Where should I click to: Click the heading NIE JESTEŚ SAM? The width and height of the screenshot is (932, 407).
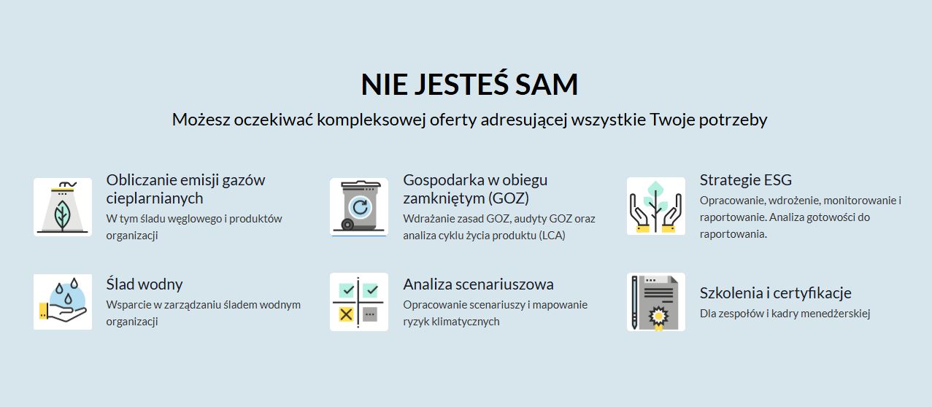[469, 84]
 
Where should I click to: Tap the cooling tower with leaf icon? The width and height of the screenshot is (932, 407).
[63, 207]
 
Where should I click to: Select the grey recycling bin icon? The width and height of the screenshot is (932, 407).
[359, 206]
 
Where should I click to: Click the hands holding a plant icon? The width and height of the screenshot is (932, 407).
[655, 206]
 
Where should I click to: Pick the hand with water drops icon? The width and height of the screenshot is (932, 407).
[63, 302]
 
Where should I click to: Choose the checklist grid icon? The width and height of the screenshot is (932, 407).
[359, 302]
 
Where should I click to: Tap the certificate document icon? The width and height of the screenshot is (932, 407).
[655, 302]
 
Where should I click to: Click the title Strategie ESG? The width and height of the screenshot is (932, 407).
[746, 180]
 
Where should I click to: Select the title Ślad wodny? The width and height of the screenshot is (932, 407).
[145, 284]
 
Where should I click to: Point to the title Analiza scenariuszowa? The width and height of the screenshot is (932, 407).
[479, 284]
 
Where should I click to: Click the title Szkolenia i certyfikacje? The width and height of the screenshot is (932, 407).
[776, 293]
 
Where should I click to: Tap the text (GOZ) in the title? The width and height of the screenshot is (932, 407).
[509, 198]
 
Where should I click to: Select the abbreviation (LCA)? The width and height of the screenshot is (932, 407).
[552, 236]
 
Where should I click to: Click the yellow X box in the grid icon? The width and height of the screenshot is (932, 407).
[346, 314]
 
